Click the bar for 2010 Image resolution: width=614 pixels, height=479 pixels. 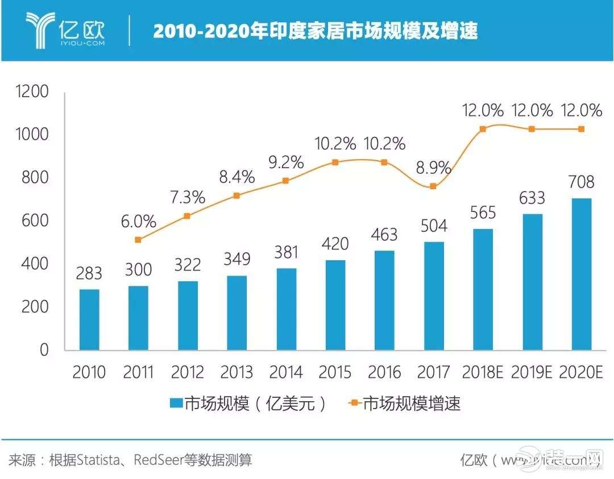[89, 319]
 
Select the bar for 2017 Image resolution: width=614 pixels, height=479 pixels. [434, 295]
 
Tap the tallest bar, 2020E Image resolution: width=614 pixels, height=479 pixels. [581, 274]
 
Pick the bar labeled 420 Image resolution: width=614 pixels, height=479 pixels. [335, 305]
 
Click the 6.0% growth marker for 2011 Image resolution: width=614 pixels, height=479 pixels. [138, 240]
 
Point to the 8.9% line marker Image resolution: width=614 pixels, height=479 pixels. [433, 186]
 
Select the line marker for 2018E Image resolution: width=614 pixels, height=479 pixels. [483, 129]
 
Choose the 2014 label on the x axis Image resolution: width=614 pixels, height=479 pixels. [286, 373]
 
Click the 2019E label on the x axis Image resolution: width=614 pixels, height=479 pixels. [532, 373]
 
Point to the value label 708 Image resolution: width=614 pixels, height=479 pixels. [580, 182]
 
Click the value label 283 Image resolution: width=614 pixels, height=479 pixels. [89, 273]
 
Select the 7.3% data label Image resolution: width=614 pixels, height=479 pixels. [187, 199]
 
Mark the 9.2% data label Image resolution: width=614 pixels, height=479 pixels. [285, 163]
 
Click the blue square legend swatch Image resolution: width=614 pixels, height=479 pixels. [176, 403]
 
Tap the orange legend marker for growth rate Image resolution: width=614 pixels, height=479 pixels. [354, 403]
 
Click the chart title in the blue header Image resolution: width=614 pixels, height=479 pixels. [315, 31]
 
